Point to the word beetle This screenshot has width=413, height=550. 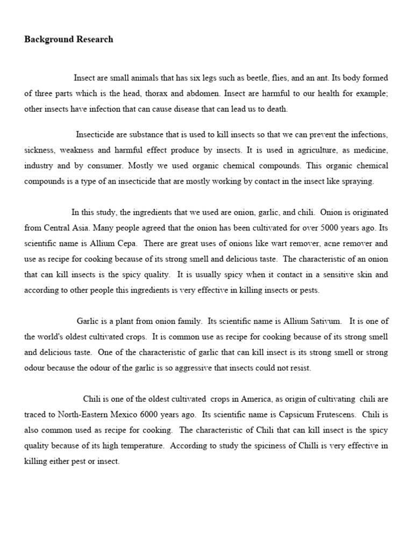[x=257, y=78]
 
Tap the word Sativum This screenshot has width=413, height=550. [x=324, y=321]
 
